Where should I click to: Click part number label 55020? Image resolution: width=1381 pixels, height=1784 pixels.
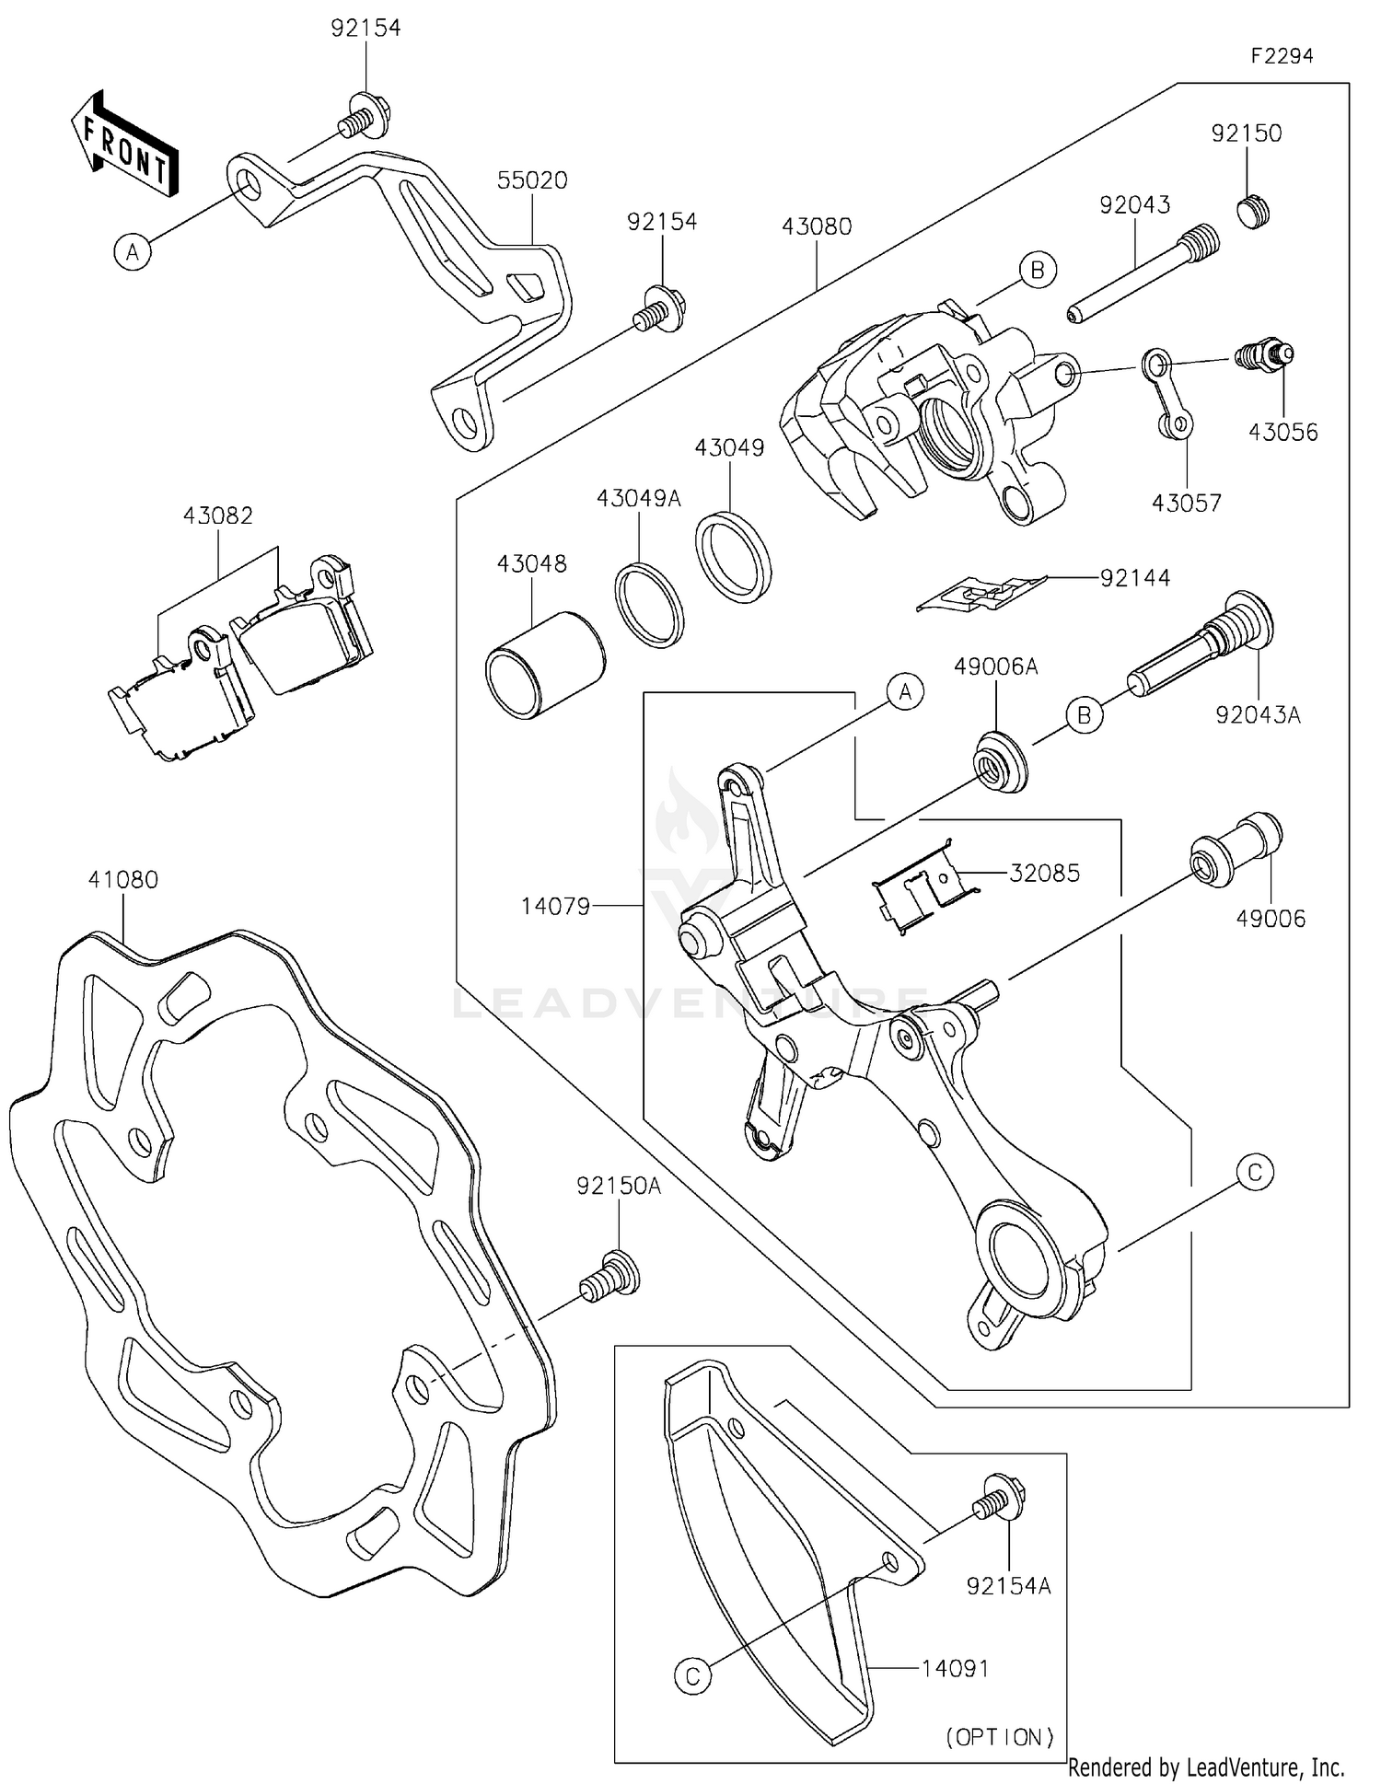(532, 180)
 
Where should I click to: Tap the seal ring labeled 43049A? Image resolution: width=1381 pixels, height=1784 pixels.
(650, 603)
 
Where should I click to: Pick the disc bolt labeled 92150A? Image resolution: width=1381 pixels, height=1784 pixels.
(609, 1275)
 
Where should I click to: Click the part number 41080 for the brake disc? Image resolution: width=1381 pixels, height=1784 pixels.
(123, 879)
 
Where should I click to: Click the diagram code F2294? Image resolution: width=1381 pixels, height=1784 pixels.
(1282, 56)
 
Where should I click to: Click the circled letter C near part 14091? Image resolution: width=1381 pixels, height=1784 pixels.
(693, 1675)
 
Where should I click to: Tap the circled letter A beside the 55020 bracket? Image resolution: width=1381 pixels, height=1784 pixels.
(133, 250)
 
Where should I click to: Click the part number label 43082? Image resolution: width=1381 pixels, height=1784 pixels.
(217, 516)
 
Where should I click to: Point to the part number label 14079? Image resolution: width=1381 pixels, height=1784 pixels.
(555, 906)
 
